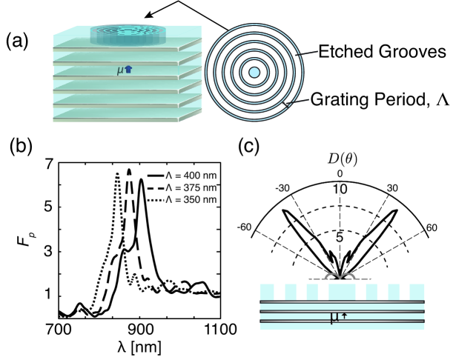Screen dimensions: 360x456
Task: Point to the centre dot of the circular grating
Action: pyautogui.click(x=254, y=72)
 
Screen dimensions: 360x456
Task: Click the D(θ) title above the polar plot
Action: pyautogui.click(x=340, y=159)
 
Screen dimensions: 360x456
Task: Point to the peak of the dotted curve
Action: pyautogui.click(x=117, y=173)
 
